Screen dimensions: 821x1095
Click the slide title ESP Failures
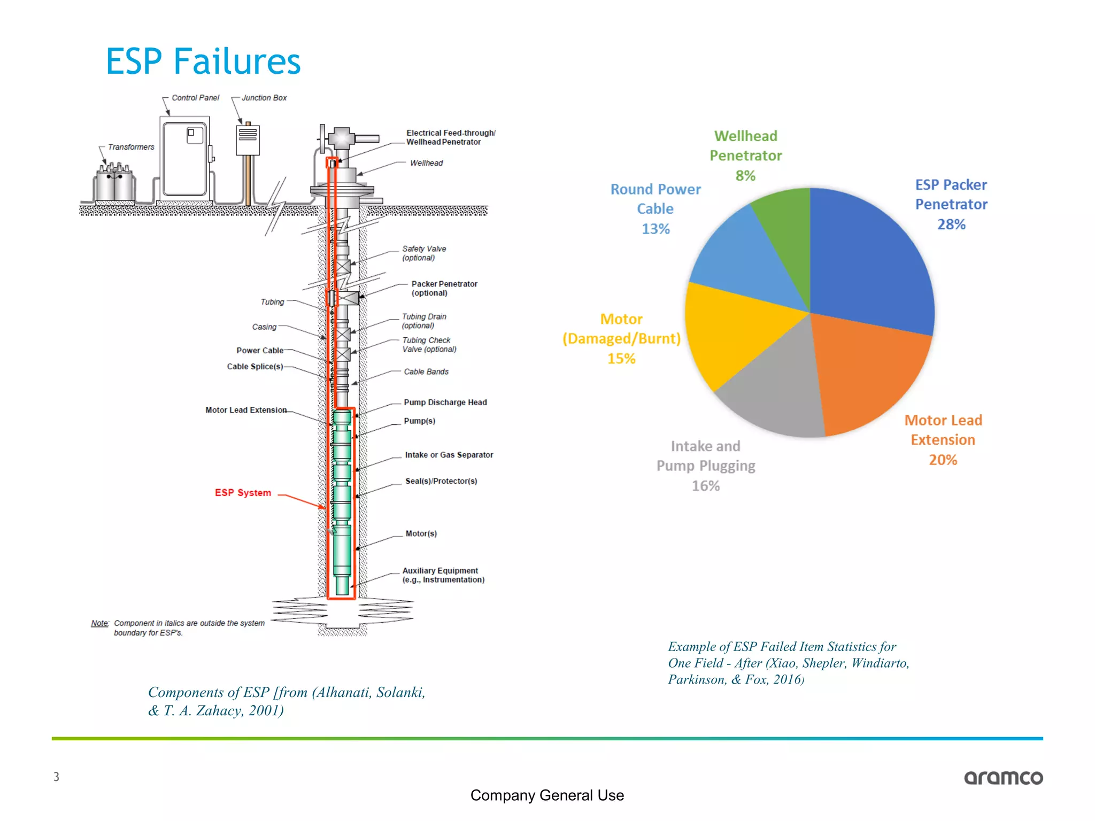pos(203,61)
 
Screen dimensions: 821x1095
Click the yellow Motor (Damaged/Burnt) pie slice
pos(732,331)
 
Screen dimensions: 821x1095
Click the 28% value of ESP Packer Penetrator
pos(951,224)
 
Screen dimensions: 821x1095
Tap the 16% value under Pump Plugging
pos(705,486)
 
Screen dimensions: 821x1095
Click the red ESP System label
pos(243,493)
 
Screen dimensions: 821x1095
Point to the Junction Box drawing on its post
pos(248,141)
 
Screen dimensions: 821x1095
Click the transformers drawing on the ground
pos(114,184)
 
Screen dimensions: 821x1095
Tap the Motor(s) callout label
pos(421,533)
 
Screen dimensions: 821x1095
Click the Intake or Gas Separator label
pos(449,455)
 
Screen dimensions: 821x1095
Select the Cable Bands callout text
pos(426,371)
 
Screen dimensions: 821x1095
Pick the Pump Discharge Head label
pos(445,402)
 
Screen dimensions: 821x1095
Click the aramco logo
pos(1003,778)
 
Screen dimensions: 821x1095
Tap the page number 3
pos(56,777)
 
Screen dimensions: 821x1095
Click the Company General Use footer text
pos(547,795)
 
